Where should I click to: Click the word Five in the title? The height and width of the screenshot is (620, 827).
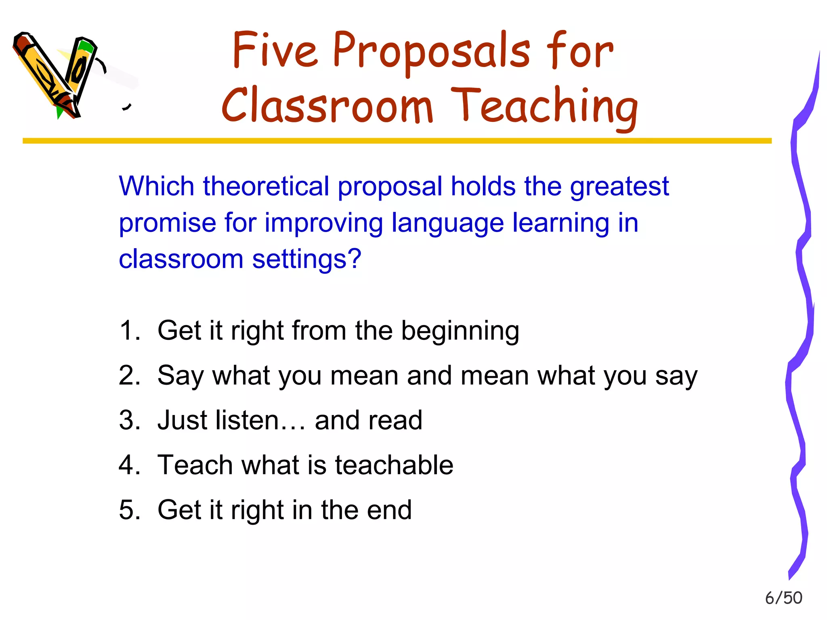point(275,50)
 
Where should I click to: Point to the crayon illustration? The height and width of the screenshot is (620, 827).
point(57,75)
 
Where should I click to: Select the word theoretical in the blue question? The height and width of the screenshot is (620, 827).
point(266,186)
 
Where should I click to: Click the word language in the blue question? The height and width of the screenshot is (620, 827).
point(447,224)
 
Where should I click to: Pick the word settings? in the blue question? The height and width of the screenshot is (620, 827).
point(306,259)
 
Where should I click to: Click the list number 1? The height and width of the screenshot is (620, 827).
point(129,331)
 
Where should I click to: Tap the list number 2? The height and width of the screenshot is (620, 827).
point(129,375)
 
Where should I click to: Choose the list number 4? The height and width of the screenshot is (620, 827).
point(129,465)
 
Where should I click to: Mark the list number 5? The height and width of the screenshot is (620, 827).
point(129,509)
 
